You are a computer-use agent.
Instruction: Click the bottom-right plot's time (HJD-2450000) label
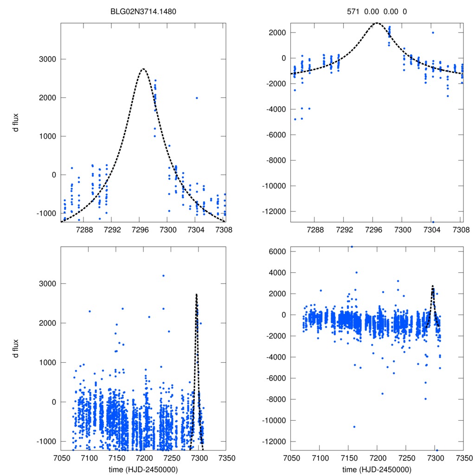coord(377,469)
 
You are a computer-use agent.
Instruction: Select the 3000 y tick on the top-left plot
coord(48,59)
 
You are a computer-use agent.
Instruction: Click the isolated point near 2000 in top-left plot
coord(197,98)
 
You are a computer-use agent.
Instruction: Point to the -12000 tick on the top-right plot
coord(273,212)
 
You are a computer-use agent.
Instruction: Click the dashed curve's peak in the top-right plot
coord(377,23)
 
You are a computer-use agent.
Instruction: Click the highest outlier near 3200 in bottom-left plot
coord(163,276)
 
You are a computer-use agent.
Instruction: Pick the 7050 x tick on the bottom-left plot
coord(61,457)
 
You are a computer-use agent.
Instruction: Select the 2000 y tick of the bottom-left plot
coord(48,323)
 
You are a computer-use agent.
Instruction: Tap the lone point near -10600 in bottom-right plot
coord(354,427)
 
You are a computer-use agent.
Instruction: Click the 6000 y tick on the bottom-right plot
coord(277,251)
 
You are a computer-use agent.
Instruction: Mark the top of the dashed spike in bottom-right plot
coord(433,286)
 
